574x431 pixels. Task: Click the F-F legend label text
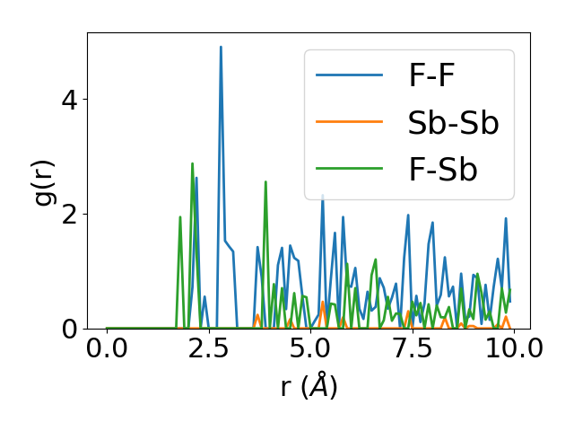(431, 75)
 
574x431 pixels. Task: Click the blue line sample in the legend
(350, 76)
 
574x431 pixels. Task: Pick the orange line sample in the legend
(350, 123)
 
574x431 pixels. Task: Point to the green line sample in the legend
(350, 170)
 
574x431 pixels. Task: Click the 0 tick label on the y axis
(70, 330)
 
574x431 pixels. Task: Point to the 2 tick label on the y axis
(70, 215)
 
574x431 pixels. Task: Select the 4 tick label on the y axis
(70, 100)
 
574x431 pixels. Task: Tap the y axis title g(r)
(44, 180)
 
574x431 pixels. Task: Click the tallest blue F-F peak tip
(221, 47)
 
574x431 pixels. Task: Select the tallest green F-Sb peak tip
(192, 163)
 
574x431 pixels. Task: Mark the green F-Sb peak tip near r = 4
(265, 181)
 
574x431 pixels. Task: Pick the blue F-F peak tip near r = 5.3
(323, 195)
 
